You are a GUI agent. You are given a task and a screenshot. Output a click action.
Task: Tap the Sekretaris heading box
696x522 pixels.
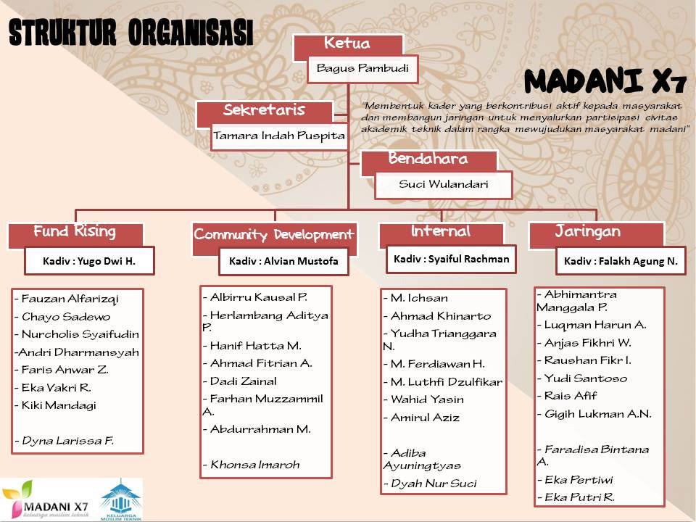(264, 112)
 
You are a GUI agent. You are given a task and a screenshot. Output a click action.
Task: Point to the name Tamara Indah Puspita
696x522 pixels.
(279, 136)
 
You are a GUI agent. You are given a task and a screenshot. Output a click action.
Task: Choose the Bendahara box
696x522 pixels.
(428, 159)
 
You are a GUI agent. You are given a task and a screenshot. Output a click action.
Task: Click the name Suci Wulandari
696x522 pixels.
(443, 184)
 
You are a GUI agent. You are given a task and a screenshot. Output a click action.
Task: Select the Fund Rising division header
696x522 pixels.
(75, 233)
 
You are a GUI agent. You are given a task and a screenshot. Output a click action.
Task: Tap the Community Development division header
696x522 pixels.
(274, 235)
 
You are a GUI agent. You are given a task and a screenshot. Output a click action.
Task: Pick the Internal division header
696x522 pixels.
(441, 233)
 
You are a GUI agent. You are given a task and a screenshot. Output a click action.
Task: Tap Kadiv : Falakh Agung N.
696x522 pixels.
(621, 261)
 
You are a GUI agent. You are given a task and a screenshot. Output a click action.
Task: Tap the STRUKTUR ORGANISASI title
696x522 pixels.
(130, 34)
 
